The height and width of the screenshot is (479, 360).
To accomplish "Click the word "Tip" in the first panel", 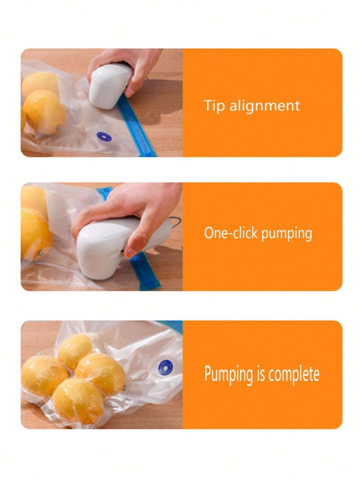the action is [x=215, y=106].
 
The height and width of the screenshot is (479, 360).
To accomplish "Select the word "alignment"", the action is [x=265, y=106].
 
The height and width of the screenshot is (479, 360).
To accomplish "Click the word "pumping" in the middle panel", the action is [x=287, y=234].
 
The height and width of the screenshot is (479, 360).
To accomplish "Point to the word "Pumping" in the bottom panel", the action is [x=229, y=375].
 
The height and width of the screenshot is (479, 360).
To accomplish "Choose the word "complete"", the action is [x=293, y=374].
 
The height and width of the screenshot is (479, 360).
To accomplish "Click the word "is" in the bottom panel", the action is [x=260, y=373].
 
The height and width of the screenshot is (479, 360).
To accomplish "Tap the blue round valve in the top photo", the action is [x=104, y=137].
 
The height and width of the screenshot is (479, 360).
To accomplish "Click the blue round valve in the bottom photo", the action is [x=166, y=367].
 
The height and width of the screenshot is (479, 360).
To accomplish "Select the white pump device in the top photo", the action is [x=110, y=86].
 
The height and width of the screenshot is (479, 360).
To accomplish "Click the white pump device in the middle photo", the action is [x=118, y=246].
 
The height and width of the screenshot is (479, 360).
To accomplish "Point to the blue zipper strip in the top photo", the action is [x=137, y=126].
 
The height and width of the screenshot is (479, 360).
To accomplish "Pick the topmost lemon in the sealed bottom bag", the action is [x=76, y=350].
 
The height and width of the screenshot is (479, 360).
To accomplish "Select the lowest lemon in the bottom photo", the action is [x=79, y=401].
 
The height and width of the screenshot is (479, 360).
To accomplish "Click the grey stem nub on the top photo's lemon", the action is [x=59, y=128].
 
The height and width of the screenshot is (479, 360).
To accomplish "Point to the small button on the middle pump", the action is [x=113, y=253].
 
